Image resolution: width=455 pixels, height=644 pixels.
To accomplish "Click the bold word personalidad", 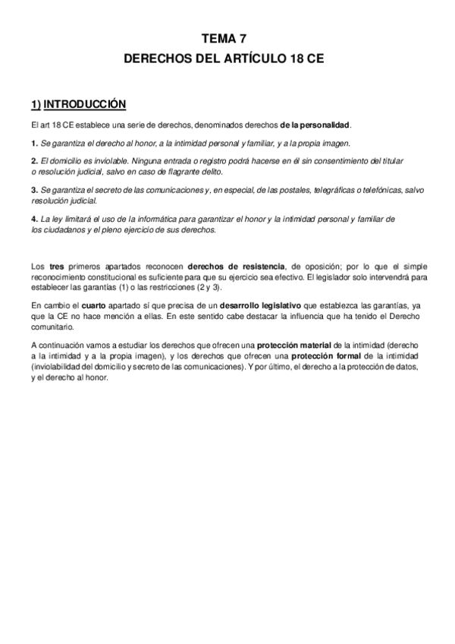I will [x=325, y=125].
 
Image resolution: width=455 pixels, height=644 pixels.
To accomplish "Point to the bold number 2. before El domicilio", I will [x=34, y=162].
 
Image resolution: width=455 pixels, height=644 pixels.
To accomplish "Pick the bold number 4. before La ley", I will [x=34, y=219].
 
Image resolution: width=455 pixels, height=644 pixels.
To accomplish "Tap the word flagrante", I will [x=183, y=172].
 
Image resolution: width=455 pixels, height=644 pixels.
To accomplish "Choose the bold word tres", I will [x=53, y=267].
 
